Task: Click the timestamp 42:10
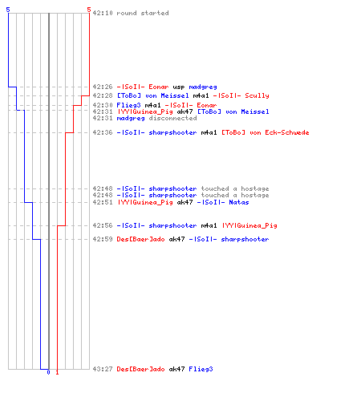103,13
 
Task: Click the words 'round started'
143,13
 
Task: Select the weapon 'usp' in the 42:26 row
179,87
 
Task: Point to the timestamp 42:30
103,105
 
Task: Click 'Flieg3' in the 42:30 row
128,105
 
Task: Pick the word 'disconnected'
172,118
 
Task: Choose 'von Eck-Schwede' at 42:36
279,132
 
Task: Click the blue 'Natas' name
239,202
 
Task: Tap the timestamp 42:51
103,202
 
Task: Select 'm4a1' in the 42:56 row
209,225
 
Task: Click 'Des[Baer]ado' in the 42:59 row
140,239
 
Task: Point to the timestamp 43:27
103,369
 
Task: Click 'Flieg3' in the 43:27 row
201,369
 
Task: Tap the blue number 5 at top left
8,10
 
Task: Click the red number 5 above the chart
89,10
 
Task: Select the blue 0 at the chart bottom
48,372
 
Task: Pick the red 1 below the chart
57,372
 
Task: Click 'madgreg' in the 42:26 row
203,87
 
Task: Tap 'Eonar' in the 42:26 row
159,87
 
